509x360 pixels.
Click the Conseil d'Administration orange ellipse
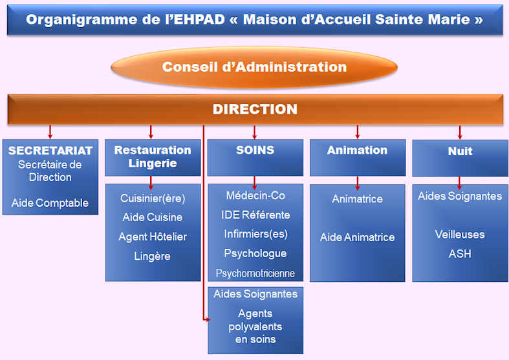tap(254, 67)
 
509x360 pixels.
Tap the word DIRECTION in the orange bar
tap(255, 109)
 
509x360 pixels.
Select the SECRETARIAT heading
tap(50, 151)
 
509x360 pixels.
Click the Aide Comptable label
tap(50, 203)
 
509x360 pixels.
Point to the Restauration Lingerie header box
tap(153, 158)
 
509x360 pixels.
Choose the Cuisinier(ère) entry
tap(153, 198)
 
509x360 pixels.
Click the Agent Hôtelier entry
tap(153, 237)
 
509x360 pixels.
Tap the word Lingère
tap(152, 256)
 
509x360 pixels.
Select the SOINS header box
tap(255, 158)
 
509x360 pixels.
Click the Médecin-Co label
tap(255, 196)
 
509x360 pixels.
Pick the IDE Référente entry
tap(255, 215)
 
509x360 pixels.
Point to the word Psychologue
tap(255, 253)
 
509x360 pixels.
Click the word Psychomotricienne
tap(255, 273)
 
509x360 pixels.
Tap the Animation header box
tap(358, 158)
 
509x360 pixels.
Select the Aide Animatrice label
tap(358, 237)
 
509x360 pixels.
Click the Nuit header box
tap(460, 158)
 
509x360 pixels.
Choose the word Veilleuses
tap(460, 234)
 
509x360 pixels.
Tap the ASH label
tap(460, 253)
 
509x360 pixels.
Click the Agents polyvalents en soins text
tap(255, 326)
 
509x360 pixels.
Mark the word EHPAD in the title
tap(199, 19)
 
